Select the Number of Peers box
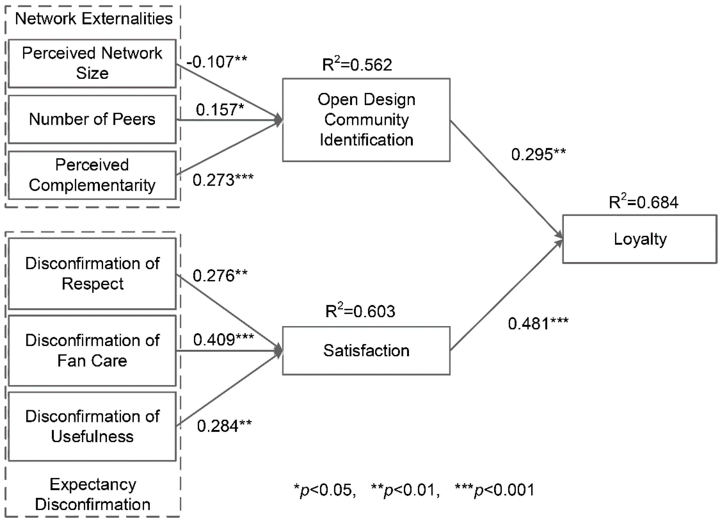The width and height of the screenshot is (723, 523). pyautogui.click(x=92, y=119)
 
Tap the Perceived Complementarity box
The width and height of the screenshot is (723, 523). pyautogui.click(x=92, y=175)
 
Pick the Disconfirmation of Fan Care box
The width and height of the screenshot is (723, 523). pyautogui.click(x=92, y=351)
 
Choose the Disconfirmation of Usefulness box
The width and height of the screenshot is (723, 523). pyautogui.click(x=92, y=427)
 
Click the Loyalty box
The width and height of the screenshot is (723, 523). pyautogui.click(x=640, y=239)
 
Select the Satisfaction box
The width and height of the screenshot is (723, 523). pyautogui.click(x=366, y=351)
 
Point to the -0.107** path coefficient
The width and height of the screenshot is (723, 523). pyautogui.click(x=217, y=61)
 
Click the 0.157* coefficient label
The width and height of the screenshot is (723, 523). pyautogui.click(x=220, y=110)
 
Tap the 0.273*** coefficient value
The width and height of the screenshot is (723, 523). pyautogui.click(x=223, y=180)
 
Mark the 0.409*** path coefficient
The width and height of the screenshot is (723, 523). pyautogui.click(x=223, y=340)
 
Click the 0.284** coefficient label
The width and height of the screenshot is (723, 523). pyautogui.click(x=224, y=426)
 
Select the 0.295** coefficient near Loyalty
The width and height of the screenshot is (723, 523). pyautogui.click(x=538, y=154)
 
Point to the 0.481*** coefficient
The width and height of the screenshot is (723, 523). pyautogui.click(x=538, y=324)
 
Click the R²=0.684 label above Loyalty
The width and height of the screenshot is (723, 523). pyautogui.click(x=643, y=202)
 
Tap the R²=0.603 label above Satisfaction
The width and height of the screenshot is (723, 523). pyautogui.click(x=360, y=311)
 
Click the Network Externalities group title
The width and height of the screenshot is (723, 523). pyautogui.click(x=94, y=19)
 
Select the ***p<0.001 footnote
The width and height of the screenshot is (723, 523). pyautogui.click(x=494, y=490)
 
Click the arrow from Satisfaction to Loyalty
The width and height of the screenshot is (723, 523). pyautogui.click(x=506, y=295)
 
